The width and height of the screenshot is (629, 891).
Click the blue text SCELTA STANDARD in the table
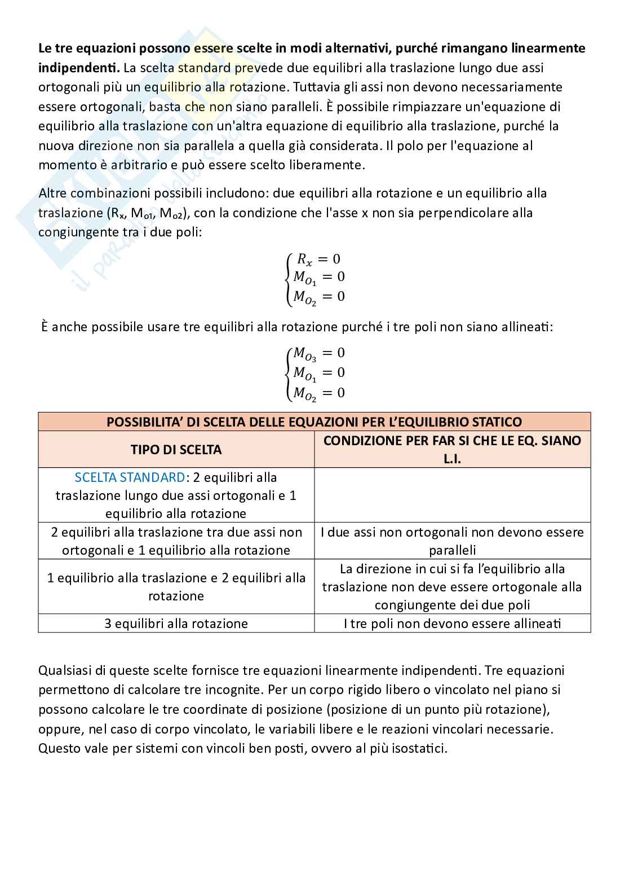pos(130,477)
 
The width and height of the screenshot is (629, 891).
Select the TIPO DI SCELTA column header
pos(176,450)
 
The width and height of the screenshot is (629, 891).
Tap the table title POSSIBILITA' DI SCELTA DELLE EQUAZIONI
pos(314,422)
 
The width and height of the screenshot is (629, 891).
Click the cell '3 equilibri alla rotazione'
pos(176,624)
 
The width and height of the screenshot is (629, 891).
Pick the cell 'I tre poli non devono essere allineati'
pos(452,624)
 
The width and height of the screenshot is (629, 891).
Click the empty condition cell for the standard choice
pos(452,495)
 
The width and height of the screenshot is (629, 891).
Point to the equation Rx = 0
pos(318,259)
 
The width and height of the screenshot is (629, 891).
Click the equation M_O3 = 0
pos(318,353)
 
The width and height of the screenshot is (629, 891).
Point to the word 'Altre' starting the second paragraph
pos(52,193)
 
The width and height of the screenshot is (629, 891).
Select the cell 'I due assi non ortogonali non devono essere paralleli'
pos(452,541)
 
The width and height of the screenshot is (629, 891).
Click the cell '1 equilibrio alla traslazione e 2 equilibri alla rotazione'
pos(176,587)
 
